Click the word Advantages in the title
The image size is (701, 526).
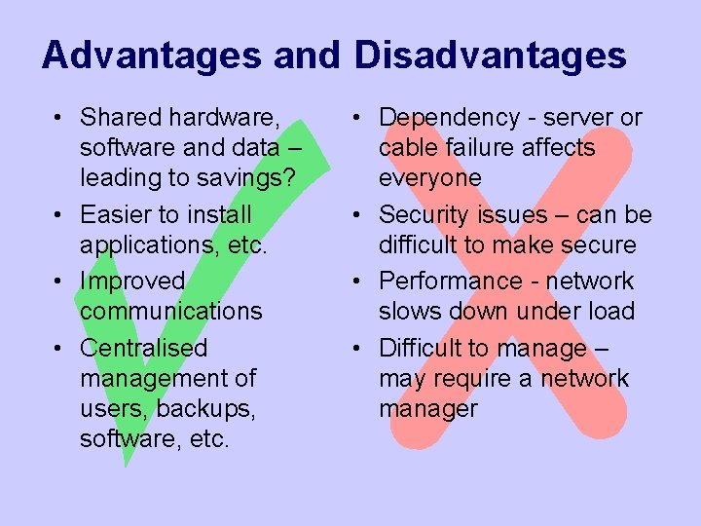pos(152,56)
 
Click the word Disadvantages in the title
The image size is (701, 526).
pos(490,56)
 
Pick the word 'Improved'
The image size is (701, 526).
pos(132,282)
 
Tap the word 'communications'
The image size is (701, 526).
pos(171,312)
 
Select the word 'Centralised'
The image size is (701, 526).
pos(144,348)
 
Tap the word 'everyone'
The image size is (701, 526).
pos(429,178)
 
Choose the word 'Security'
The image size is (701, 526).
pos(423,214)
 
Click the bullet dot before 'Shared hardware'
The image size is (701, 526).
pos(60,119)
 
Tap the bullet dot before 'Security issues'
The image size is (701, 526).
pos(359,215)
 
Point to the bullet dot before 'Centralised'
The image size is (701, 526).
pos(60,349)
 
